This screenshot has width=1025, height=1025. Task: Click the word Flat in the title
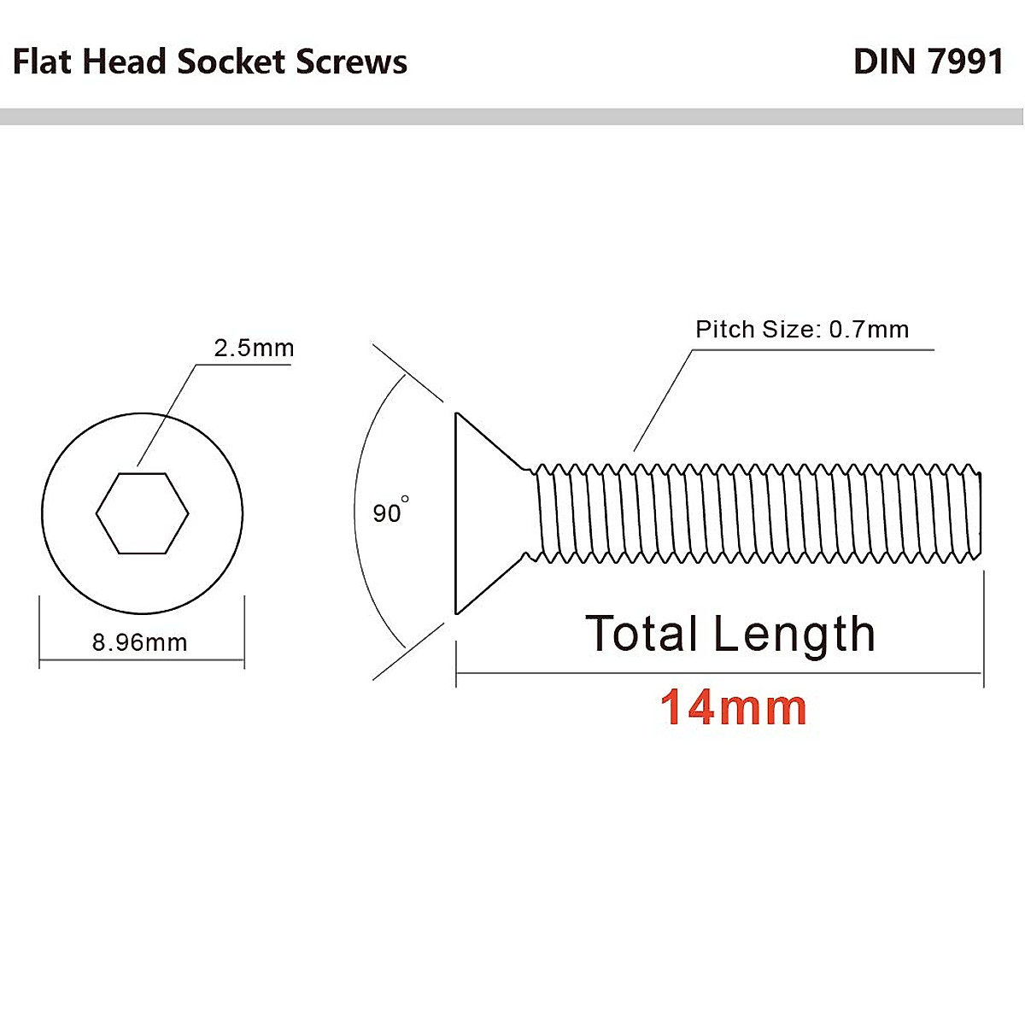[x=44, y=61]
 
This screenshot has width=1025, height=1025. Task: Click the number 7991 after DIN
[x=964, y=61]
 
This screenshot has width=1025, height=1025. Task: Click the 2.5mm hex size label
[x=254, y=348]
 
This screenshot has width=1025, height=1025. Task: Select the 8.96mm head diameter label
[x=140, y=642]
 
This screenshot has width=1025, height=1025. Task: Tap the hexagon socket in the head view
[x=142, y=513]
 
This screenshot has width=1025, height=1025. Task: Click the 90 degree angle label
[x=388, y=512]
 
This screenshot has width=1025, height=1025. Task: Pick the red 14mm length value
[x=733, y=707]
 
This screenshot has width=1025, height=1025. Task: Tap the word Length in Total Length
[x=794, y=634]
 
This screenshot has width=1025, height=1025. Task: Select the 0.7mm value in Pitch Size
[x=869, y=330]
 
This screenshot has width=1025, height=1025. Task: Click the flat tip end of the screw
[x=979, y=512]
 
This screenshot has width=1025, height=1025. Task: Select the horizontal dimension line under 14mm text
[x=717, y=674]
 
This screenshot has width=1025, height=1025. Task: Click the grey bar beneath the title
[x=512, y=117]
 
